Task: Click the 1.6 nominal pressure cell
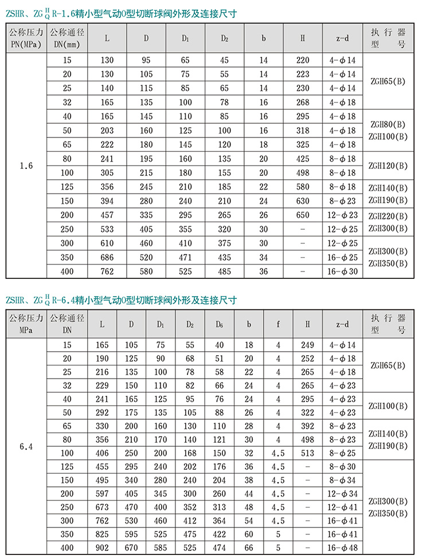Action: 27,166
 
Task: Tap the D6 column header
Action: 219,324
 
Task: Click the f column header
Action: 278,324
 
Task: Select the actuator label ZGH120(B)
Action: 388,166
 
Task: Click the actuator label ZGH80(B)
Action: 388,124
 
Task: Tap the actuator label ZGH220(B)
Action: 388,216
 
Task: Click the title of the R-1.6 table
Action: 120,13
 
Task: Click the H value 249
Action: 307,345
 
